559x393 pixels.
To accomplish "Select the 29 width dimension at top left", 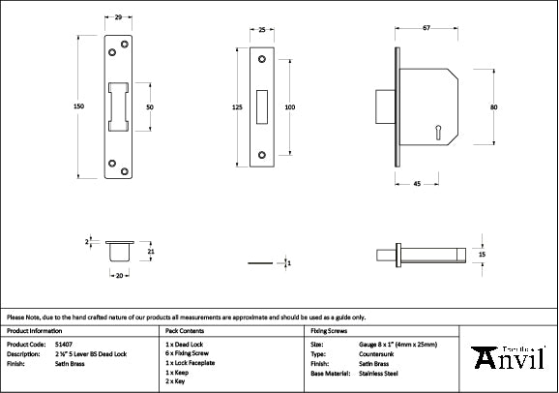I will tap(117, 18).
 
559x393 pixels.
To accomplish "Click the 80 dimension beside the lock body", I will tap(493, 106).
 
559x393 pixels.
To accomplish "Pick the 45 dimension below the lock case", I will tap(416, 183).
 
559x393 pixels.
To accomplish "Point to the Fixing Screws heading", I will tap(328, 330).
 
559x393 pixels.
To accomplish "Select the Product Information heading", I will tap(34, 330).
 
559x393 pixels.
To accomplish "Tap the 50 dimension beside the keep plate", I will tap(150, 106).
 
